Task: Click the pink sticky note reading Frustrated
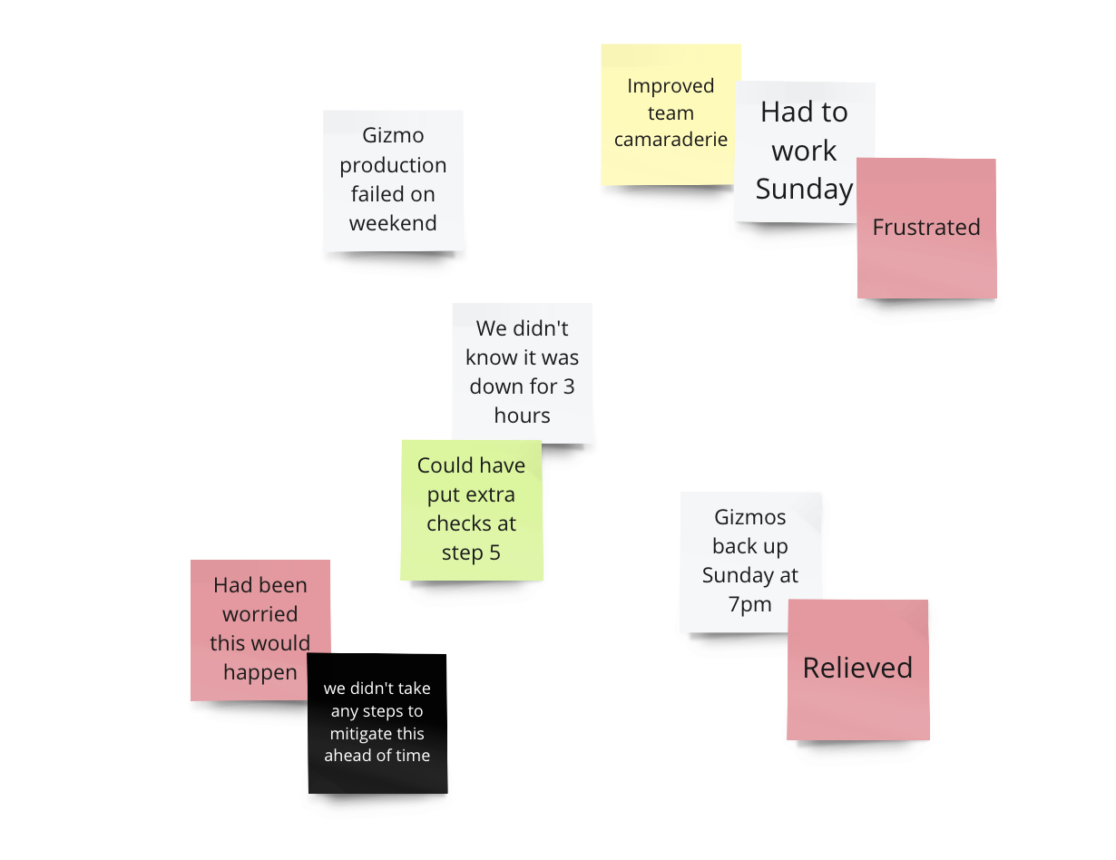pos(926,228)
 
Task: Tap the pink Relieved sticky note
pos(857,669)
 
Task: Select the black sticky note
pos(377,723)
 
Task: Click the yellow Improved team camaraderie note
pos(670,113)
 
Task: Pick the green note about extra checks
pos(471,510)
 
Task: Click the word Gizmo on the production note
pos(393,136)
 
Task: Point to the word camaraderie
pos(671,140)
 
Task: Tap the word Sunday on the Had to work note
pos(804,189)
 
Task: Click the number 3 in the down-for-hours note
pos(568,386)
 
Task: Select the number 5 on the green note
pos(494,552)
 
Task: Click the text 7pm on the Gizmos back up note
pos(749,604)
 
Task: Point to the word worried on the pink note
pos(260,614)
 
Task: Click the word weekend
pos(393,223)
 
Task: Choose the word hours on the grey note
pos(522,415)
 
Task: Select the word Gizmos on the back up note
pos(749,518)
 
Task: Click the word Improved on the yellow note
pos(671,86)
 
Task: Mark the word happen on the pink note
pos(260,672)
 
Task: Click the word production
pos(393,165)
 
